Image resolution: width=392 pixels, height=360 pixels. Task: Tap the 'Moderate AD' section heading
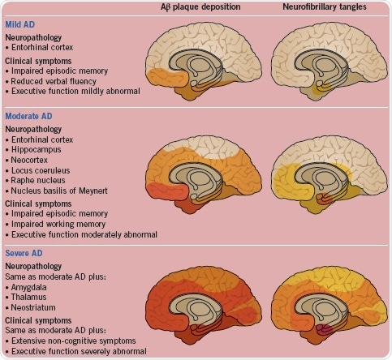[31, 117]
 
